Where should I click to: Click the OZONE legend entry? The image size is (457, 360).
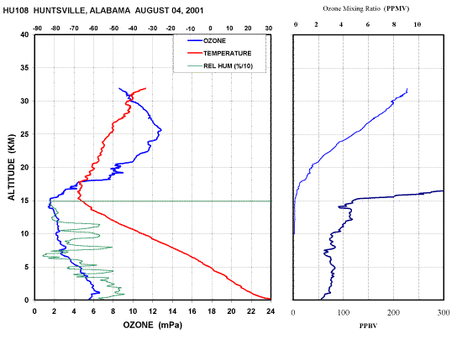click(207, 41)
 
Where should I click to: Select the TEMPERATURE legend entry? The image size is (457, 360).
click(219, 53)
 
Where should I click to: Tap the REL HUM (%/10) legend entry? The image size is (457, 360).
click(220, 66)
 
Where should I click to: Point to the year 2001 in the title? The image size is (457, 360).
click(193, 11)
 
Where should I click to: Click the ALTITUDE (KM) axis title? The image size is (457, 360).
click(12, 167)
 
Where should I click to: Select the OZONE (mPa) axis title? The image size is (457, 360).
click(152, 325)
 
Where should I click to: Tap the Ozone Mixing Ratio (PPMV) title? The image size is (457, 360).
click(365, 8)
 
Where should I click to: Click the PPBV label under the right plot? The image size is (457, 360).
click(368, 326)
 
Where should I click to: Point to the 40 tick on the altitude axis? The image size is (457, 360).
click(24, 34)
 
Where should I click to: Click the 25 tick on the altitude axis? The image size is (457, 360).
click(24, 134)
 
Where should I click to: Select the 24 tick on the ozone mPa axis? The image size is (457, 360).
click(271, 311)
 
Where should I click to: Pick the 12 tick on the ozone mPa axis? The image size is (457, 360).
click(152, 311)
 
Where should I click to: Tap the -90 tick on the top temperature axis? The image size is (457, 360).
click(37, 29)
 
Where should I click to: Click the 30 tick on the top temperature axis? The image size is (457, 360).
click(269, 29)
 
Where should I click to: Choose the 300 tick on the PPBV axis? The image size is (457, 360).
click(444, 312)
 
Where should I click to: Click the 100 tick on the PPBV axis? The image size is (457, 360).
click(344, 312)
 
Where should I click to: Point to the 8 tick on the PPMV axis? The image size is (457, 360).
click(394, 24)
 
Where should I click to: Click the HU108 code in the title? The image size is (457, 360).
click(16, 11)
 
